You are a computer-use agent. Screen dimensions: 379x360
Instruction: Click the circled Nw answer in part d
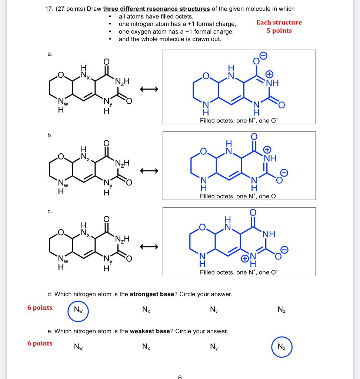78,309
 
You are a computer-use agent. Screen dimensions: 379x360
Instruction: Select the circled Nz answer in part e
281,347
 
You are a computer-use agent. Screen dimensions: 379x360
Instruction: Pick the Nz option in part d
281,309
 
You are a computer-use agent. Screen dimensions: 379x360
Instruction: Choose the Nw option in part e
78,347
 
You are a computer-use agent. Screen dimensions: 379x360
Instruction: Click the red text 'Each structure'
279,23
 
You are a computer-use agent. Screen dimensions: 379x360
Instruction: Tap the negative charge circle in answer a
263,55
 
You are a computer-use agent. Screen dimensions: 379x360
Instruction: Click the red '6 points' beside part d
40,308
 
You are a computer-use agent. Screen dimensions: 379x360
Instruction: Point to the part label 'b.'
50,135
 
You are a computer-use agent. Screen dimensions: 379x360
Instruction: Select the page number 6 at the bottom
180,377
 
